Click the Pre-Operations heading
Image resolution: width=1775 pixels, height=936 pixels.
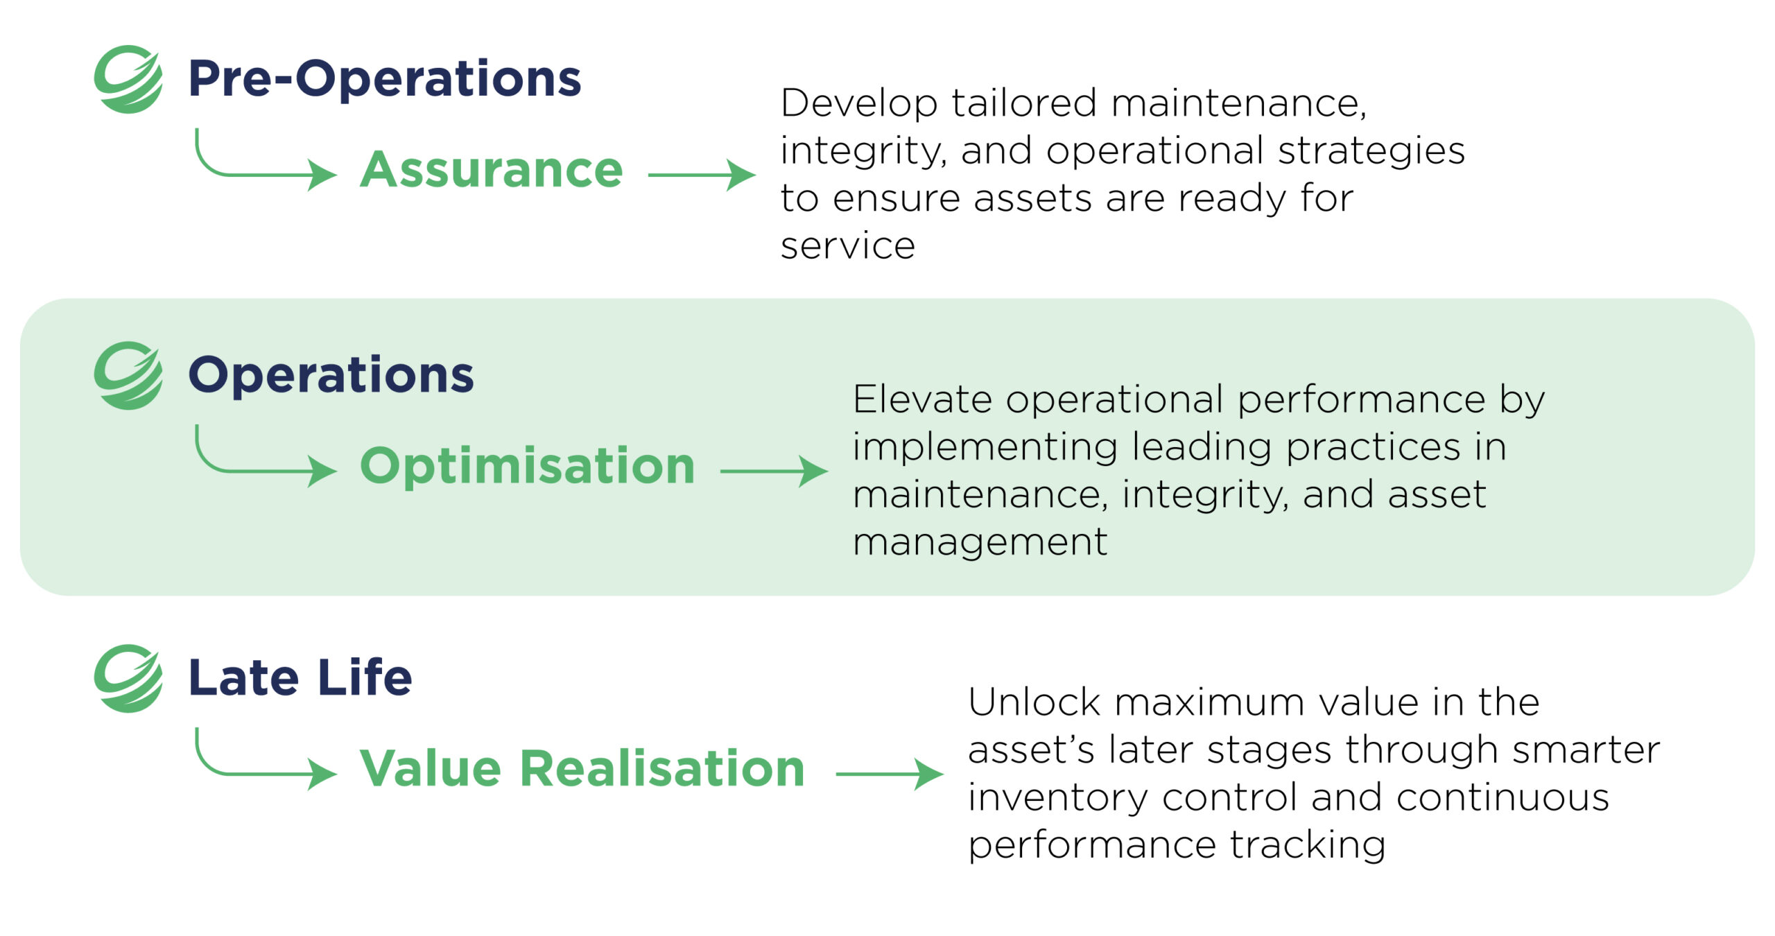point(385,78)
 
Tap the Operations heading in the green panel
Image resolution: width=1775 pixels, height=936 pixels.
point(331,375)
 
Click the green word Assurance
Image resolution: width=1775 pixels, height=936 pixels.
point(492,170)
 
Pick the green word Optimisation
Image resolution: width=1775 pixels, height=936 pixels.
point(528,466)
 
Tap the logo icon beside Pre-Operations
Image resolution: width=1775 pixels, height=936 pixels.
point(128,79)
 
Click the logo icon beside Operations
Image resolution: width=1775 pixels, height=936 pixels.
point(128,375)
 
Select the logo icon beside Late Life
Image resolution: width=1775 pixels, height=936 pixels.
point(128,678)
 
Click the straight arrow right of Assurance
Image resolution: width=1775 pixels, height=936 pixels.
point(702,175)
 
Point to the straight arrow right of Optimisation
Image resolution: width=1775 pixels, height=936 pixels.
point(774,471)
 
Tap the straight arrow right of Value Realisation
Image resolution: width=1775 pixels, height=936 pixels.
point(890,774)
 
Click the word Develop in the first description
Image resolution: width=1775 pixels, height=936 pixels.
point(859,105)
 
